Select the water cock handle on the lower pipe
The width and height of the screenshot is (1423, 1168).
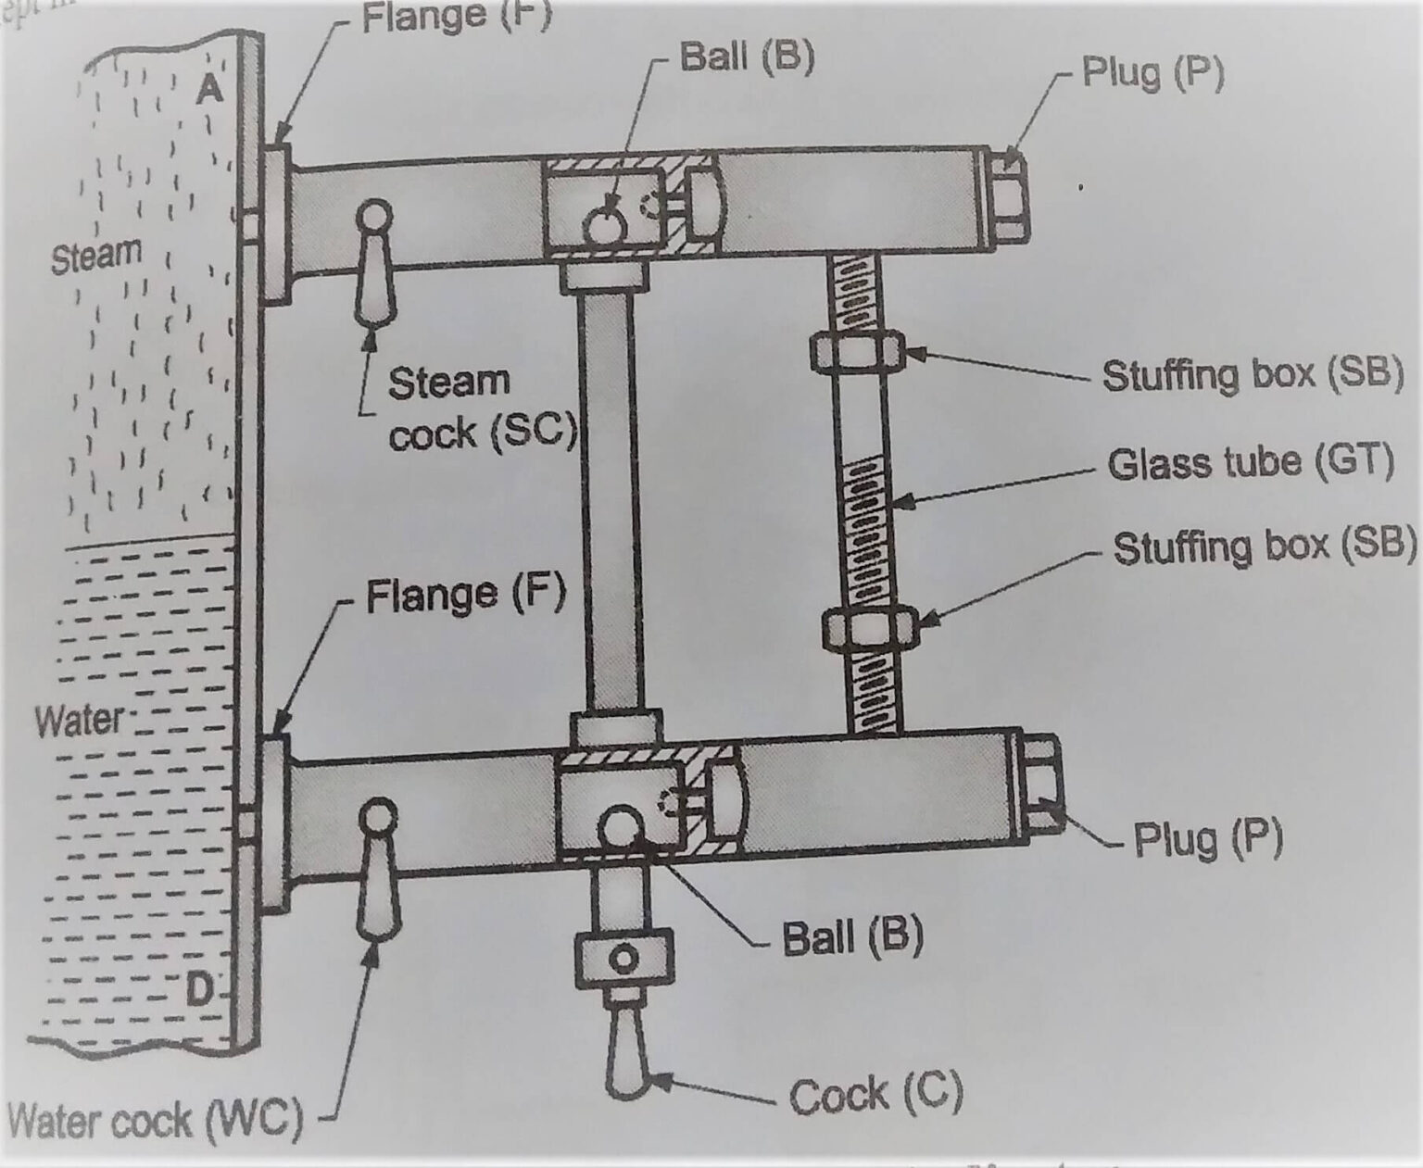coord(377,871)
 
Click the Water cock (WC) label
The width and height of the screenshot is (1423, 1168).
coord(155,1120)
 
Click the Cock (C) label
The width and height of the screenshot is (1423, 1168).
coord(875,1095)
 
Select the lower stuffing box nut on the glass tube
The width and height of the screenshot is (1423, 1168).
coord(869,628)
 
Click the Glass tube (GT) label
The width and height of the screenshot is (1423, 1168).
coord(1251,462)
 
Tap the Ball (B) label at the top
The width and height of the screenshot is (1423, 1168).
coord(747,57)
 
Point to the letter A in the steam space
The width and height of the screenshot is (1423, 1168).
coord(210,89)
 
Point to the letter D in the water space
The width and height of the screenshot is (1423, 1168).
coord(198,991)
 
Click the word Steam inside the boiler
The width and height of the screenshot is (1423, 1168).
coord(96,255)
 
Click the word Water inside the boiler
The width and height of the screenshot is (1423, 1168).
coord(80,720)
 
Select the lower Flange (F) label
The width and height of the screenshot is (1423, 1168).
coord(465,596)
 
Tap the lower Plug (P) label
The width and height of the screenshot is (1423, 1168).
coord(1208,839)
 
